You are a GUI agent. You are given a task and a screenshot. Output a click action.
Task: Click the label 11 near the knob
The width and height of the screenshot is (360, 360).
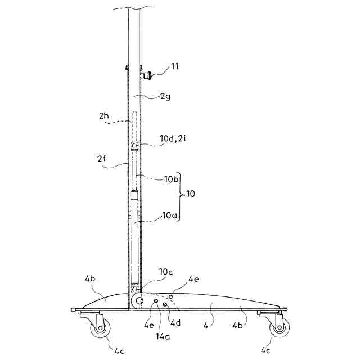tap(174, 66)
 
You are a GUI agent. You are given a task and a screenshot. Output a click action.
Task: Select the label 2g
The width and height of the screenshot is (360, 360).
tap(165, 96)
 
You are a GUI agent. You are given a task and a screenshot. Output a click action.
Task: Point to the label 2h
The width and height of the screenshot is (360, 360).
tap(103, 115)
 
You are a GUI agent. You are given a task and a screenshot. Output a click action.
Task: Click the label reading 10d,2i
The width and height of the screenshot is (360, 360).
tap(173, 138)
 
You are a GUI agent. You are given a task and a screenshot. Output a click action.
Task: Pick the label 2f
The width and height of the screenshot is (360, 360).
tap(102, 159)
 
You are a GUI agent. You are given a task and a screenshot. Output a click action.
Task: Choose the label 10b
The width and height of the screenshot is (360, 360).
tap(171, 179)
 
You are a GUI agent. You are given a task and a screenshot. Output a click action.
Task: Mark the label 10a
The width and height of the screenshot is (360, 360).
tap(170, 215)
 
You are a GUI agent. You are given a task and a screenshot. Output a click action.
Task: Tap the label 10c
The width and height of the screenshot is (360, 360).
tap(166, 272)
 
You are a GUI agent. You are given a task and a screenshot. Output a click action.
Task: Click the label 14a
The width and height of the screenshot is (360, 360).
tap(163, 336)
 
